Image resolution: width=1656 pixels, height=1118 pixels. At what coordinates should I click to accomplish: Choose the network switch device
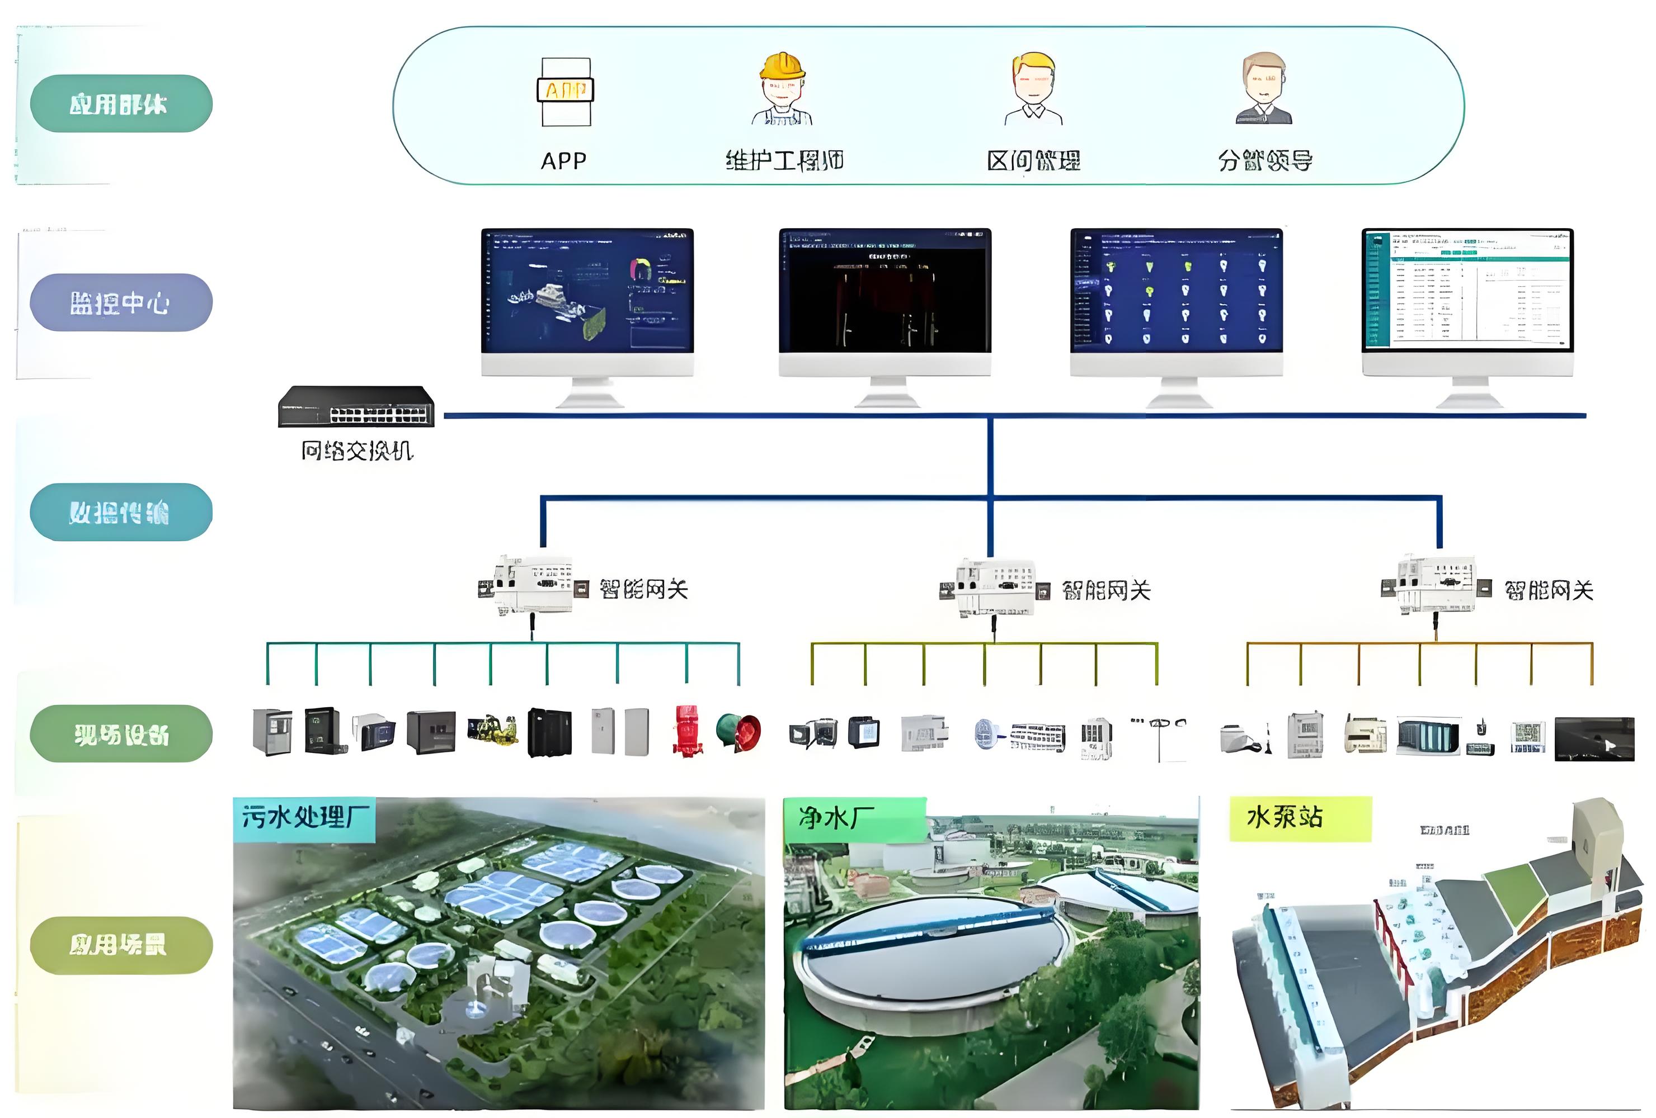click(x=356, y=406)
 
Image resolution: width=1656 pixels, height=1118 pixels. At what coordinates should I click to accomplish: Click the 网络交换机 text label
click(x=356, y=451)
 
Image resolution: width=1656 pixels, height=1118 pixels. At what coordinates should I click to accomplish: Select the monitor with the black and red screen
click(x=885, y=292)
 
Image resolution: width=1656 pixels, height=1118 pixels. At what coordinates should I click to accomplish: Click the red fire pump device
click(x=686, y=731)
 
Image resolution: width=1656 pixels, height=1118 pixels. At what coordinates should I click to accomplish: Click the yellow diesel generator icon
click(x=492, y=730)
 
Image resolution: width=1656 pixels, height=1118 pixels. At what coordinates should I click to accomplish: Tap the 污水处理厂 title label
click(x=305, y=817)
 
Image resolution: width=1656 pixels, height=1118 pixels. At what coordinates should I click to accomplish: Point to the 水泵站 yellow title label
click(x=1285, y=817)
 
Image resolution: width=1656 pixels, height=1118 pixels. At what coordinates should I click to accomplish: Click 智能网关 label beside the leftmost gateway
click(x=643, y=590)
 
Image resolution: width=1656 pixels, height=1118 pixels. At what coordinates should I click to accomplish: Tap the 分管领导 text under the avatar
click(x=1265, y=161)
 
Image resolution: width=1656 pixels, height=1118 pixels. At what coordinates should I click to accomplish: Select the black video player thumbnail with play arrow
click(x=1594, y=739)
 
